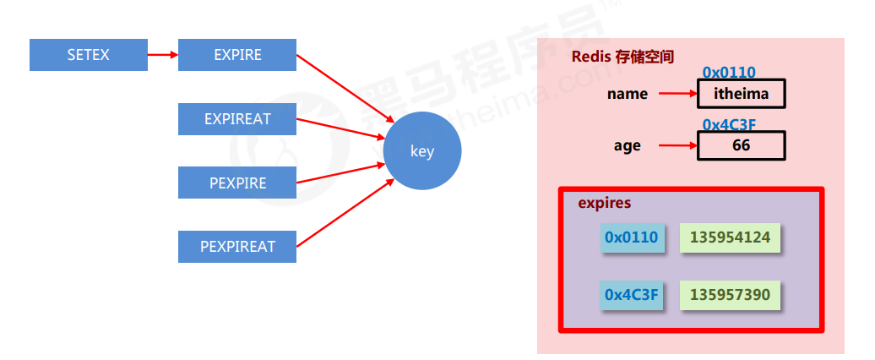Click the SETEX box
tap(89, 55)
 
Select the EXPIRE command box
tap(237, 55)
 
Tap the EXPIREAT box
tap(237, 119)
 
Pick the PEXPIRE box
tap(237, 183)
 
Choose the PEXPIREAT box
tap(237, 247)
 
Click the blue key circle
tap(422, 152)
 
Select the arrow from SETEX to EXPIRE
tap(163, 56)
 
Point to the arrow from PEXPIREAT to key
tap(342, 211)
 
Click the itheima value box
tap(742, 94)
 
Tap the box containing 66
tap(742, 145)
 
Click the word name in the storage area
tap(628, 94)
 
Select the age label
tap(628, 145)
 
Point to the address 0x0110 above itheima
tap(729, 73)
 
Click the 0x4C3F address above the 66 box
tap(729, 124)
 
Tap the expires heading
tap(604, 204)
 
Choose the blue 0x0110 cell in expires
tap(631, 237)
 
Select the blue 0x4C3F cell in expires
tap(631, 294)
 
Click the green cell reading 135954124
tap(730, 237)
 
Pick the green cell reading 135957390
tap(730, 294)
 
